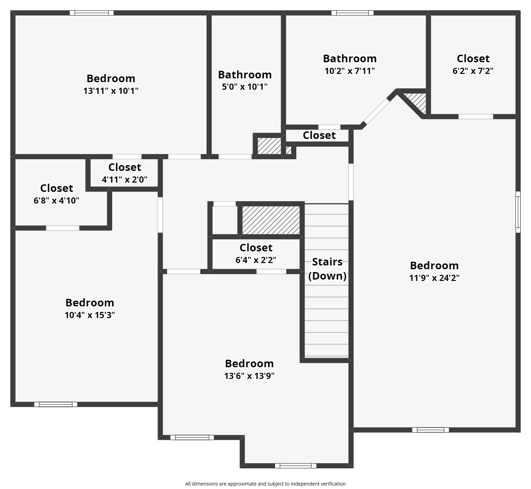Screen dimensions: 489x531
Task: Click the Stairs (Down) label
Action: tap(327, 269)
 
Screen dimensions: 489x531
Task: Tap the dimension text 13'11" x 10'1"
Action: tap(111, 91)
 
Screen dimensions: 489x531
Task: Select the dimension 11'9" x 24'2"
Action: tap(434, 278)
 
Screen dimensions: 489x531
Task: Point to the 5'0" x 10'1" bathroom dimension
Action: tap(244, 87)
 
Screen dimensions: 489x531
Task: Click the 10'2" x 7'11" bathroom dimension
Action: tap(350, 71)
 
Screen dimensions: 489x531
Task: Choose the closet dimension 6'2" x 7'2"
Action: tap(473, 71)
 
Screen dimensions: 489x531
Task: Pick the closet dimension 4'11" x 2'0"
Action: tap(125, 180)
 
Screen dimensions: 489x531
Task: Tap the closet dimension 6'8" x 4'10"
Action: tap(56, 200)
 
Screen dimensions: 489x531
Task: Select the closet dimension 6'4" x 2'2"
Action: tap(256, 260)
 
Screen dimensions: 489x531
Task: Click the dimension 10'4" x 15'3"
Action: tap(89, 315)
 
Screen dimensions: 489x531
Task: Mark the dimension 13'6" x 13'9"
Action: tap(249, 376)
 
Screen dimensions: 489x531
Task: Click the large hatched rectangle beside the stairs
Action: tap(271, 220)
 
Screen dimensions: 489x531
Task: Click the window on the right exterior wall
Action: tap(518, 212)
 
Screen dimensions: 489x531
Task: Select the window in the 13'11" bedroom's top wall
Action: tap(92, 13)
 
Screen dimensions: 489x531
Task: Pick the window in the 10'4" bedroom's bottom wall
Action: tap(55, 404)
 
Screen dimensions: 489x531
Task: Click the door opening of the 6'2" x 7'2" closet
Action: tap(476, 117)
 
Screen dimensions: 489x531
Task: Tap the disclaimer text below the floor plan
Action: tap(265, 484)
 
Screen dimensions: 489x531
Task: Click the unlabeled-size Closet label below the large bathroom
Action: tap(319, 135)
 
